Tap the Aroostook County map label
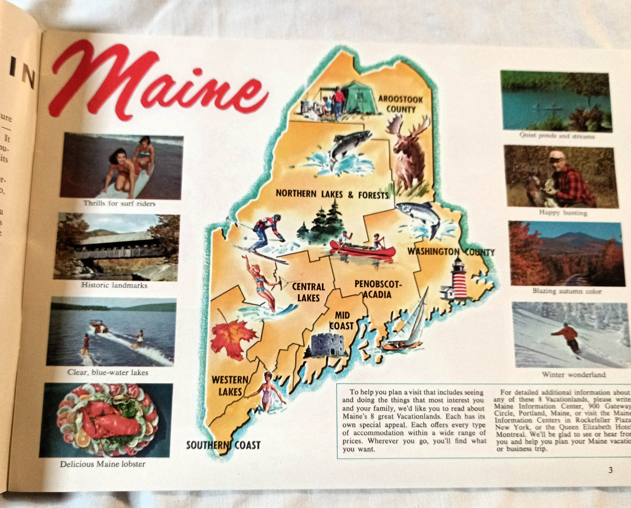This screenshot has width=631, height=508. [400, 104]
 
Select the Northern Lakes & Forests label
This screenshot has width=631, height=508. [332, 194]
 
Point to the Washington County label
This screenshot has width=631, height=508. [451, 252]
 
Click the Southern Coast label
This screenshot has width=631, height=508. [223, 445]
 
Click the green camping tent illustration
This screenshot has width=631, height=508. [359, 98]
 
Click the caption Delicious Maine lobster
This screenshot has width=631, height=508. [103, 464]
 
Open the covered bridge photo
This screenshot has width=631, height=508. [117, 247]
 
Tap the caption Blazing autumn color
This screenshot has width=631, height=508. [567, 291]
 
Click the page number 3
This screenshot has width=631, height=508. [610, 470]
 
